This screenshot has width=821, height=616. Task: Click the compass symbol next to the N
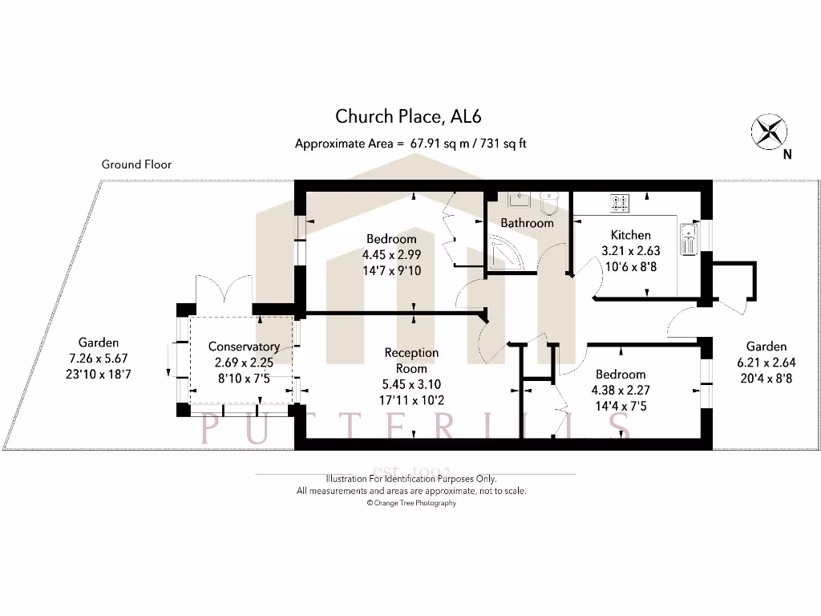pyautogui.click(x=769, y=131)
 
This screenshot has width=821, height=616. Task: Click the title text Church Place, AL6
pyautogui.click(x=408, y=116)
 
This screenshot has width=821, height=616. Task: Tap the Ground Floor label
pyautogui.click(x=136, y=164)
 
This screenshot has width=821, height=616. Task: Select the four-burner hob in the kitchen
pyautogui.click(x=620, y=203)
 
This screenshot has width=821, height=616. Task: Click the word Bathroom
pyautogui.click(x=527, y=223)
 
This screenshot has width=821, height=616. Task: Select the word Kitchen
pyautogui.click(x=631, y=235)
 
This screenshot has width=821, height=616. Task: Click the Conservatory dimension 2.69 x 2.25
pyautogui.click(x=244, y=361)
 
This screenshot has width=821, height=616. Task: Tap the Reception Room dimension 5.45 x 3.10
pyautogui.click(x=411, y=383)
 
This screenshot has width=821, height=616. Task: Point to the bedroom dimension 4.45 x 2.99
pyautogui.click(x=391, y=255)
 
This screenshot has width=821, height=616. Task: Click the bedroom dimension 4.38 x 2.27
pyautogui.click(x=621, y=391)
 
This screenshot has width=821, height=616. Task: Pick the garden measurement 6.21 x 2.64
pyautogui.click(x=766, y=363)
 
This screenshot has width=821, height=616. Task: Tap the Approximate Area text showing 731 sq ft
pyautogui.click(x=410, y=144)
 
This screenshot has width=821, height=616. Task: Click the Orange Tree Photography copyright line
pyautogui.click(x=411, y=503)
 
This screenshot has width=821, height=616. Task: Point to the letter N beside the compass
pyautogui.click(x=787, y=156)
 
